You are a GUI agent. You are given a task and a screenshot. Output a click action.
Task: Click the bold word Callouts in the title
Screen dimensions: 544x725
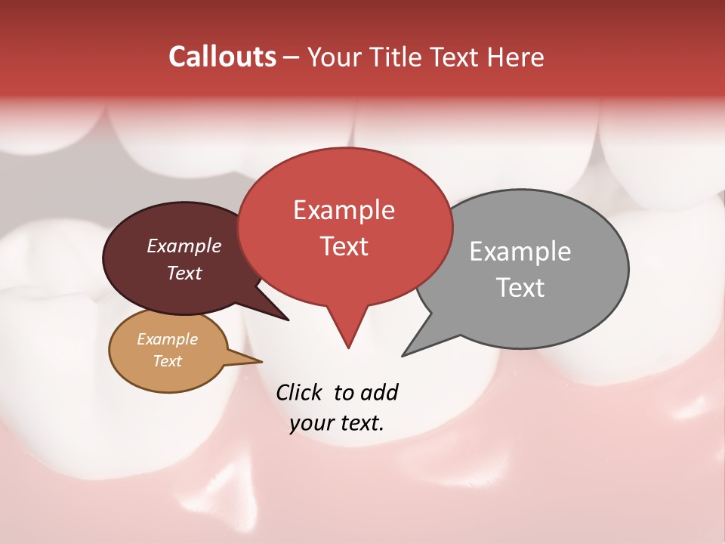222,57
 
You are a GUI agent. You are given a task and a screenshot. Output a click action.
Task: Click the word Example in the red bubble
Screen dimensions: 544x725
344,210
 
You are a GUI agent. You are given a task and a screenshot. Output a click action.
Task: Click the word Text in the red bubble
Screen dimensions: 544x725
344,246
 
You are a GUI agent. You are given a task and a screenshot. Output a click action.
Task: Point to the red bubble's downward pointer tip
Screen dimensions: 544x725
348,347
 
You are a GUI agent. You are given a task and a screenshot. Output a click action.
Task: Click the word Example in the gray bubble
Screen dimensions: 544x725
520,252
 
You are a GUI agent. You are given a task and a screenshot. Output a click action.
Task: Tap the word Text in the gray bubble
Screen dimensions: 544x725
520,288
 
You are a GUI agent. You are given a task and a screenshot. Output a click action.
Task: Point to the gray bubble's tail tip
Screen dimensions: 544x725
403,355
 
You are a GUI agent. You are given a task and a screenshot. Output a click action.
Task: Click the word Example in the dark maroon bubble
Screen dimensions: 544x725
184,246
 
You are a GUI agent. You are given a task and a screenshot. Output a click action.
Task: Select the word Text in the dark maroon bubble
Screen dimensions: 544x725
184,273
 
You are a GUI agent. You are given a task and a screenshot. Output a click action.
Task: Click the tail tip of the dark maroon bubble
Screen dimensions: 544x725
288,320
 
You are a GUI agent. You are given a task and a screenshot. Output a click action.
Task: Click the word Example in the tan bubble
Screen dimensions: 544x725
167,339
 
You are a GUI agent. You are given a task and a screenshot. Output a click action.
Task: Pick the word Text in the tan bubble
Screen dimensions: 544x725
167,361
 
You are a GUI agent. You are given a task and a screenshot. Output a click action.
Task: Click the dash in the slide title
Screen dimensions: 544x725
292,57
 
